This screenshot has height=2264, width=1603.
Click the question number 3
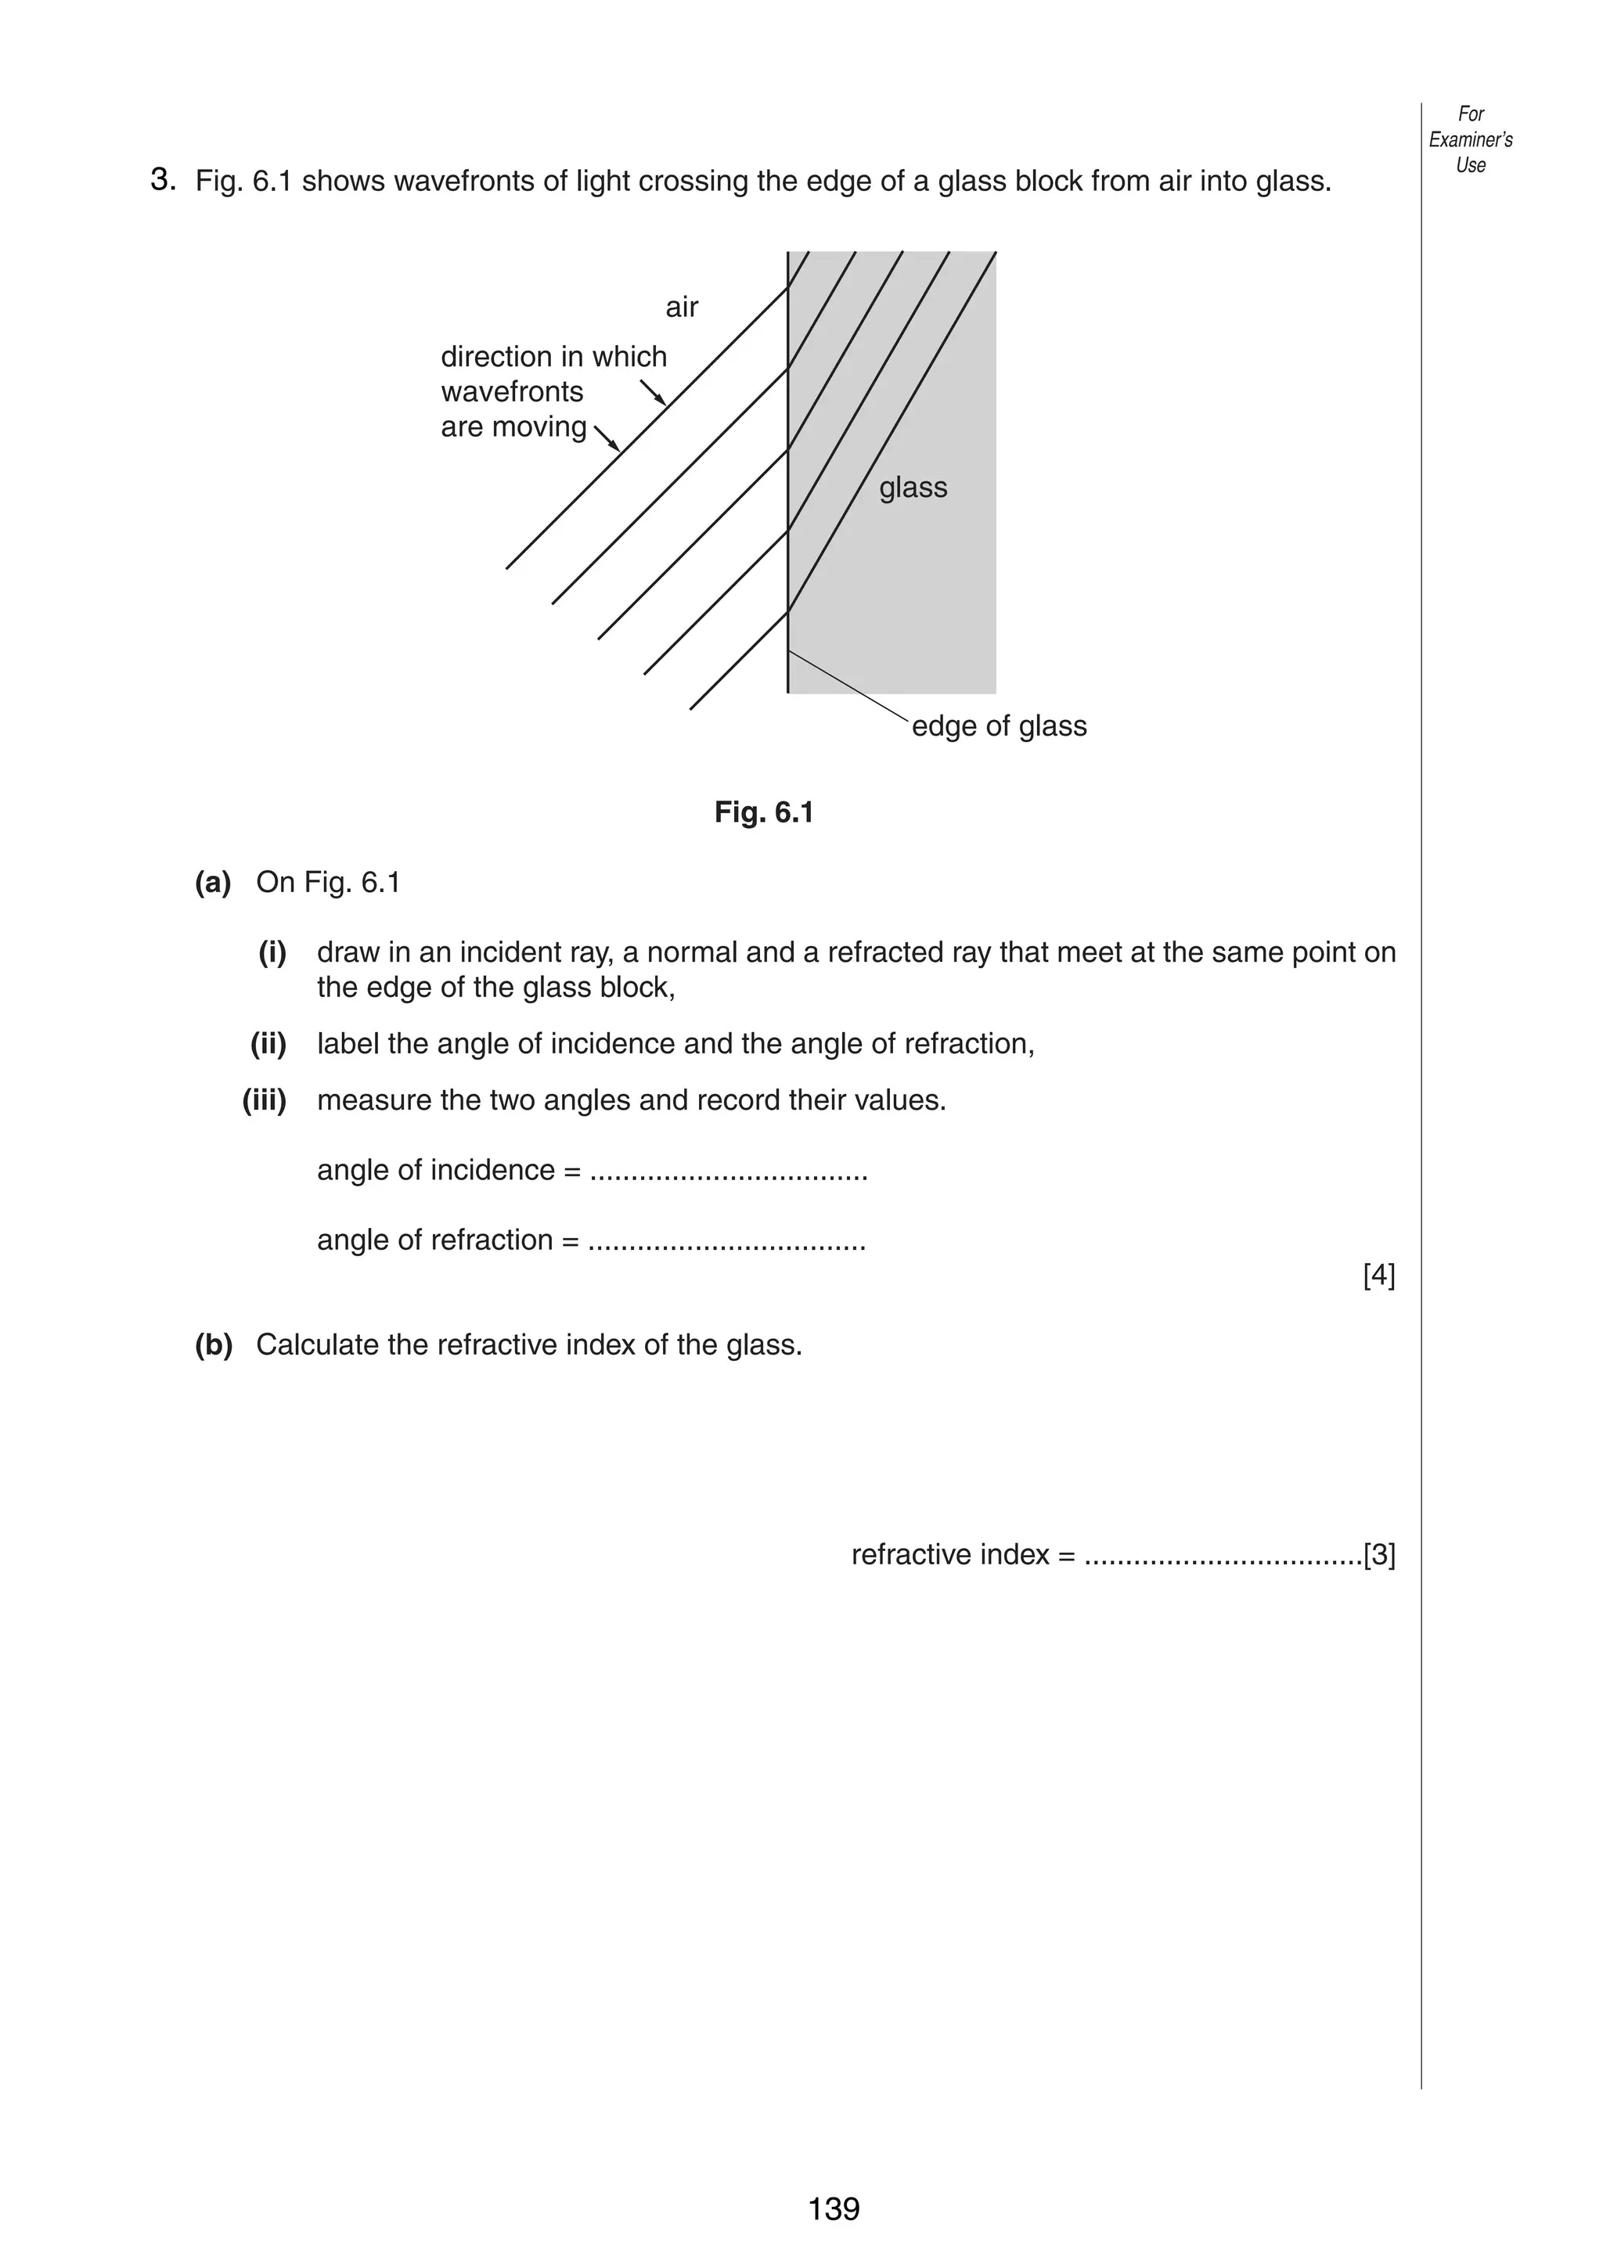163,181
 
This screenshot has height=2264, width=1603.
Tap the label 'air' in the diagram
681,307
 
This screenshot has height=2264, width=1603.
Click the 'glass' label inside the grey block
913,488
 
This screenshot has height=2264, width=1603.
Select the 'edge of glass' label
999,726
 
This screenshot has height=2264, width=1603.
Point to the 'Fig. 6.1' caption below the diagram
764,812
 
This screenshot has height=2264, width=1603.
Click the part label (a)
212,882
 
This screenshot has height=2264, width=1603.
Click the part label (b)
213,1345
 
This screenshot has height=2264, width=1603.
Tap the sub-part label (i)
272,952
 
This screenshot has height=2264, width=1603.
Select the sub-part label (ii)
268,1043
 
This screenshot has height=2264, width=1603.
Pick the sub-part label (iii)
265,1100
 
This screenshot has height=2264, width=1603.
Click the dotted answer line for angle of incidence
729,1175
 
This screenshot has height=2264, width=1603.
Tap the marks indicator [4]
1379,1276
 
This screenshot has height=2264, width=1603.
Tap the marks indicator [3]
1379,1556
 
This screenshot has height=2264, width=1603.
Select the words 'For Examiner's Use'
1471,139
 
